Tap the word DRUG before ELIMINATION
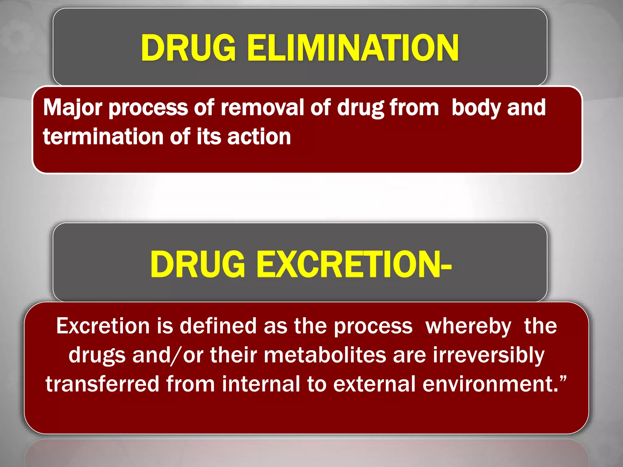(x=188, y=48)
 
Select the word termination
(x=103, y=137)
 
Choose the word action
(x=259, y=137)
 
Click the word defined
(x=218, y=326)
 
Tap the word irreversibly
(x=489, y=355)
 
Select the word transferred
(x=102, y=384)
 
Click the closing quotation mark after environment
(x=563, y=379)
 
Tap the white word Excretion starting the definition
(x=103, y=326)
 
